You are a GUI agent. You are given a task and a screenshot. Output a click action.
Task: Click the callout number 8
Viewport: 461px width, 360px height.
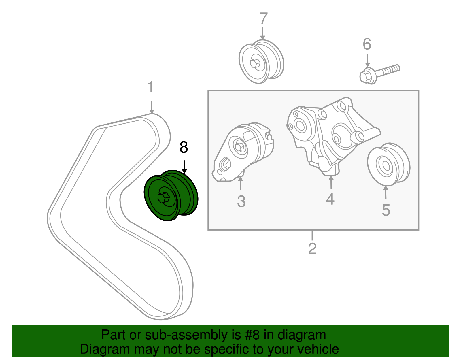coord(184,147)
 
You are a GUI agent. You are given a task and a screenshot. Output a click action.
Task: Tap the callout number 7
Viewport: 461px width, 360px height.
coord(263,19)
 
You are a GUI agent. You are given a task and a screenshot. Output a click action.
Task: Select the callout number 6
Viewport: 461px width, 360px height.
coord(367,44)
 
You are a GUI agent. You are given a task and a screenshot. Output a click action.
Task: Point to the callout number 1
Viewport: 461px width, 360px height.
coord(150,87)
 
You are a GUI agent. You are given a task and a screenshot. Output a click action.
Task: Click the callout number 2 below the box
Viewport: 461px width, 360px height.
coord(312,248)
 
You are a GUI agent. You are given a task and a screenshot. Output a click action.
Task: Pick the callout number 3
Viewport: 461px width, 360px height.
coord(241,201)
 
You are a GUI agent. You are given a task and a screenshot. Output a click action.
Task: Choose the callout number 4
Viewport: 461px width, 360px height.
coord(330,199)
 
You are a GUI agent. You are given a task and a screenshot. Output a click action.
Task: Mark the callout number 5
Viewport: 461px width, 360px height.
coord(386,210)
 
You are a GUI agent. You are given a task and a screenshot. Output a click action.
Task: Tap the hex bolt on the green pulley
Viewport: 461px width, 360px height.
coord(164,198)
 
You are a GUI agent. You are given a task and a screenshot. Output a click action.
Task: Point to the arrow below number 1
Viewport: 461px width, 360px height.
coord(152,107)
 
